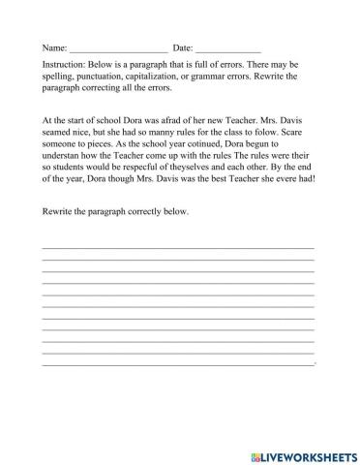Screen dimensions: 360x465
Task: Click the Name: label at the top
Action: (53, 46)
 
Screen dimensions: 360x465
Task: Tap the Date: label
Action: (182, 46)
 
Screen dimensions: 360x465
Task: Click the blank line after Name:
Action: (118, 48)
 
